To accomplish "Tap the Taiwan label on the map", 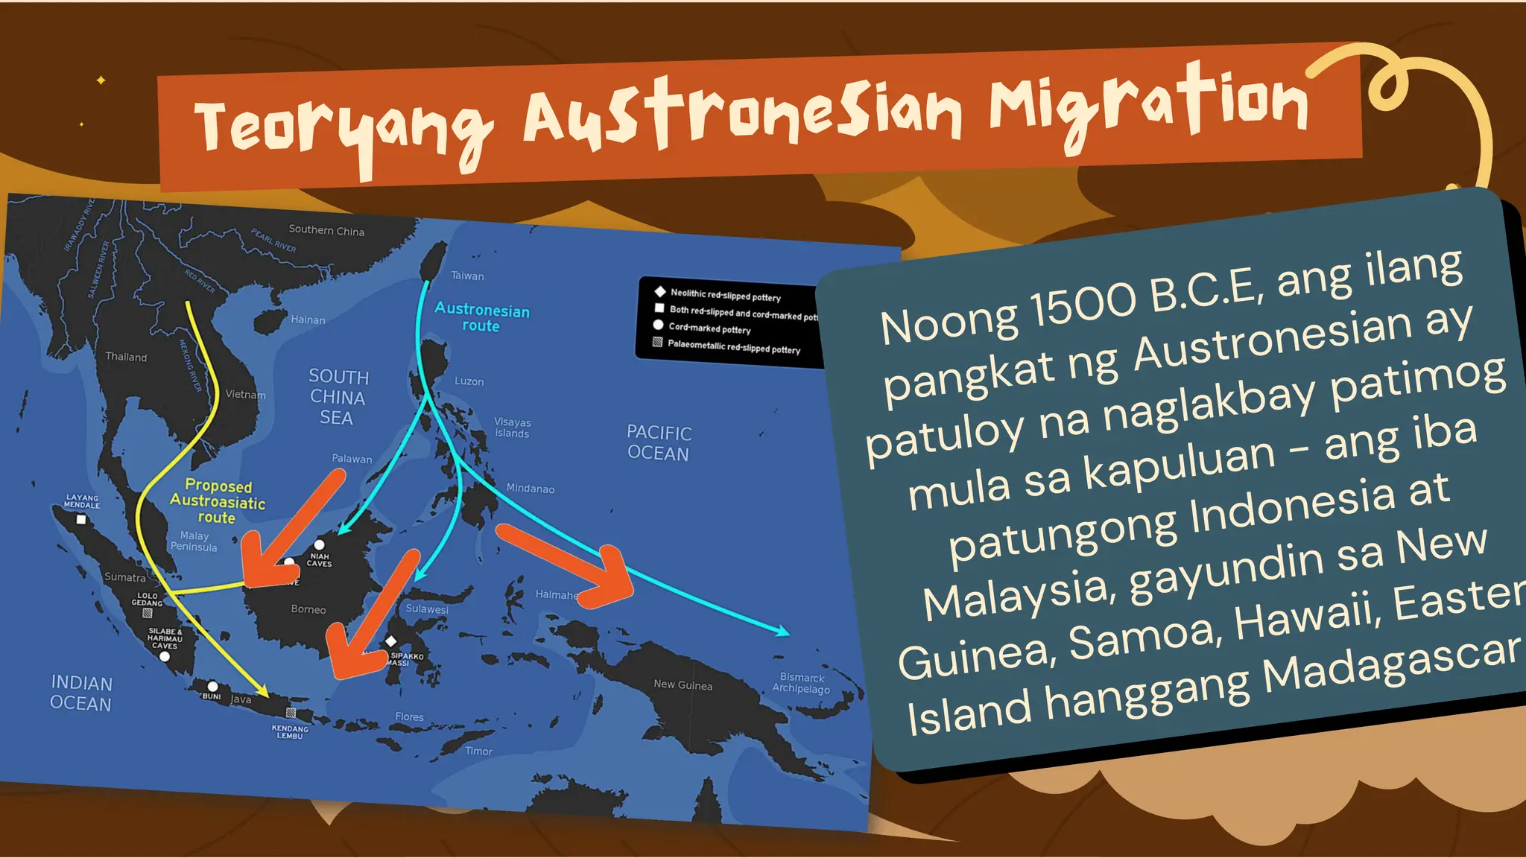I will point(467,276).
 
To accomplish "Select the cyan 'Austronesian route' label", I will point(481,317).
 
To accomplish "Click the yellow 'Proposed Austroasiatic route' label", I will point(217,501).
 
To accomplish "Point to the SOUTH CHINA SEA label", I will point(338,397).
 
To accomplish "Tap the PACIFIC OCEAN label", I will point(659,443).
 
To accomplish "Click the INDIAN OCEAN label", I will point(81,693).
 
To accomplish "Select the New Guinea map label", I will point(683,684).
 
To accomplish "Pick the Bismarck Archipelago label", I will point(801,683).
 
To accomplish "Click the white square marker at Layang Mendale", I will point(81,520).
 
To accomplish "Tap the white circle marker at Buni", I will point(212,686).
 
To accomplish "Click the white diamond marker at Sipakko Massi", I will point(390,641).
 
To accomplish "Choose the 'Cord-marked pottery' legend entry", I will point(709,328).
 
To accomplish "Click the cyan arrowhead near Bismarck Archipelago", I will point(783,632).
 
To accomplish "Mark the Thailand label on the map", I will point(126,357).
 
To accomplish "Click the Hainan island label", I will point(308,320).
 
